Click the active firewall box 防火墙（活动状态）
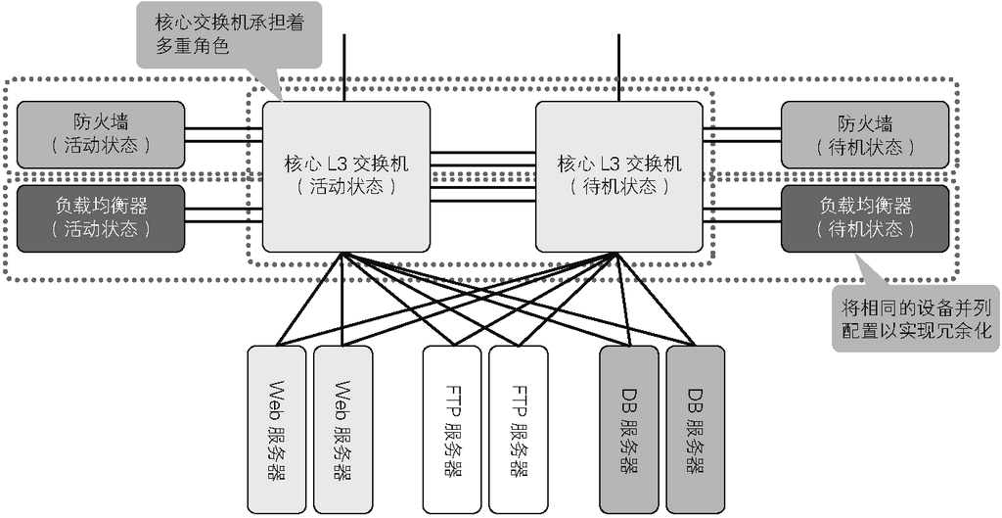[101, 134]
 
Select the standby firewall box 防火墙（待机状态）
[865, 134]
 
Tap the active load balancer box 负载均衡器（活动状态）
[101, 218]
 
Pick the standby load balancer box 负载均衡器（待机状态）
[865, 218]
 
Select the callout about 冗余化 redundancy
[912, 316]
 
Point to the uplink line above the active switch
[345, 67]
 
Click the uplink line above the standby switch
[618, 67]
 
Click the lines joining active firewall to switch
[223, 134]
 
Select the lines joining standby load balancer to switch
[741, 218]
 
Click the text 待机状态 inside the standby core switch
[618, 186]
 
